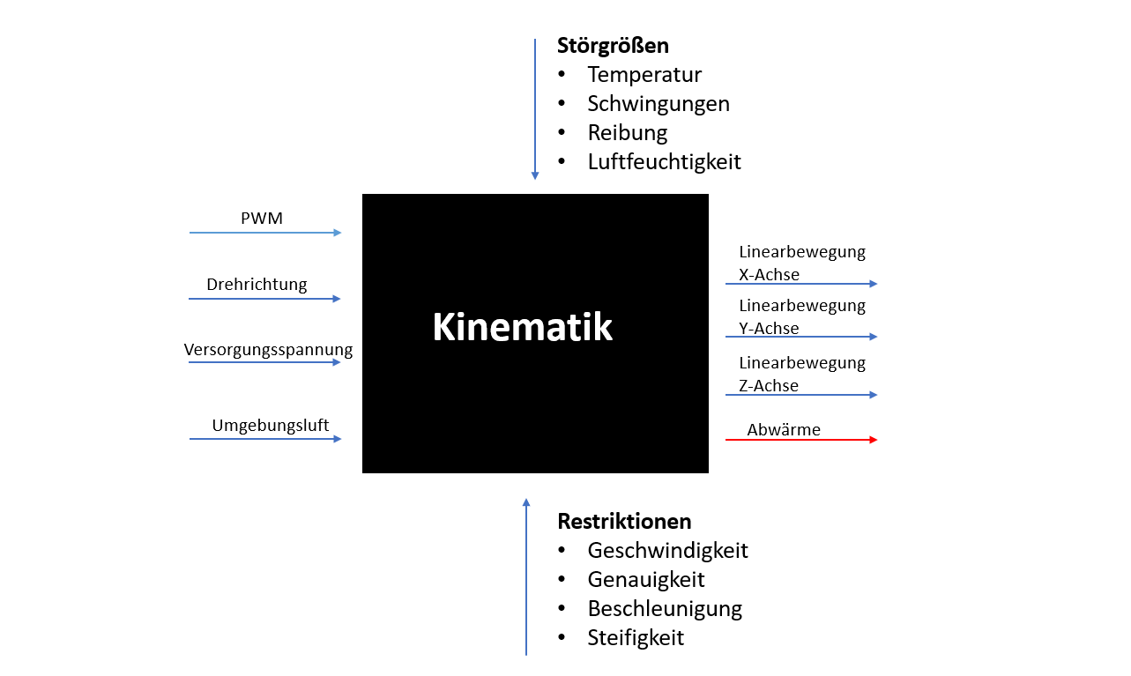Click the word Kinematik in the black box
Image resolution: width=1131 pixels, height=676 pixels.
(523, 327)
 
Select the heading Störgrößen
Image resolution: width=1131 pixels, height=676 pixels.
(613, 46)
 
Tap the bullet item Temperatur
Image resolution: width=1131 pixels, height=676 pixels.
(644, 75)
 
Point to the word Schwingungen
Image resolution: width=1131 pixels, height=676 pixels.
(659, 104)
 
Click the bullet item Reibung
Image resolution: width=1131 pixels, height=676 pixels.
(628, 133)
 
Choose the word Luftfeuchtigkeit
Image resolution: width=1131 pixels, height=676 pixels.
(664, 162)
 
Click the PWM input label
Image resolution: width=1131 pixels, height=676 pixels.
(262, 218)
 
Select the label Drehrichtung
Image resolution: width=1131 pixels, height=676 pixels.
(257, 284)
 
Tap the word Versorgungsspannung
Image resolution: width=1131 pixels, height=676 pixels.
(268, 349)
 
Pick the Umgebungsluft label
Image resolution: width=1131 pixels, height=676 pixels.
(270, 425)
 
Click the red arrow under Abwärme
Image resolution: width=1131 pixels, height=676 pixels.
(801, 440)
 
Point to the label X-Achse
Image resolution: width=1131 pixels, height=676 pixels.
(769, 275)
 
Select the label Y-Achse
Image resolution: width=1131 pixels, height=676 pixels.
(769, 329)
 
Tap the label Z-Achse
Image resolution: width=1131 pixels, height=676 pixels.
(769, 386)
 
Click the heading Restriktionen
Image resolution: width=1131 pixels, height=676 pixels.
(624, 521)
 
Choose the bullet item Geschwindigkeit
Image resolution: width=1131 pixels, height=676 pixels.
(667, 550)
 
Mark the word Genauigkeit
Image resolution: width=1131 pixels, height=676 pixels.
(646, 580)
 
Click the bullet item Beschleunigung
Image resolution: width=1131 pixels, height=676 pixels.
(665, 609)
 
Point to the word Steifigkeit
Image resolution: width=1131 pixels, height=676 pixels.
(636, 637)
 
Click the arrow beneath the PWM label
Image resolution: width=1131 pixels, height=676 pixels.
(265, 233)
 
